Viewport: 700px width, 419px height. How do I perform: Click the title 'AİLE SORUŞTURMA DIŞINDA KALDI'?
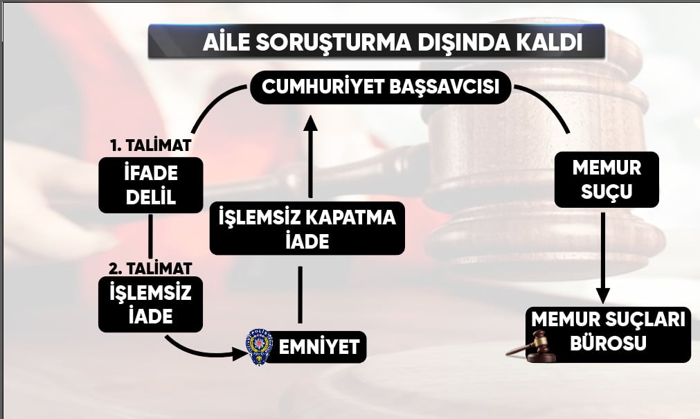pyautogui.click(x=393, y=42)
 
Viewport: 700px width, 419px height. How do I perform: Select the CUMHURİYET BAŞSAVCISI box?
pyautogui.click(x=380, y=87)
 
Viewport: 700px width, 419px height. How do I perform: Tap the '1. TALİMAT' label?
pyautogui.click(x=151, y=145)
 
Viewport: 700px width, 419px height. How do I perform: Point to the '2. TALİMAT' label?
pyautogui.click(x=150, y=269)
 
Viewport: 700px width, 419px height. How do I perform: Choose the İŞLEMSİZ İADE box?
pyautogui.click(x=150, y=304)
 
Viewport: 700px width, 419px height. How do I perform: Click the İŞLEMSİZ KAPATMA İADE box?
pyautogui.click(x=307, y=229)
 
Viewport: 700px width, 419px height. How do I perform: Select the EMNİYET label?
pyautogui.click(x=318, y=347)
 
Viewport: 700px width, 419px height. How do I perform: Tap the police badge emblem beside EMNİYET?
pyautogui.click(x=260, y=347)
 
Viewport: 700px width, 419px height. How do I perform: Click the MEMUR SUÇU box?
pyautogui.click(x=607, y=179)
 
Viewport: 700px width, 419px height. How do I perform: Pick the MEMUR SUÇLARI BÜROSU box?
pyautogui.click(x=608, y=335)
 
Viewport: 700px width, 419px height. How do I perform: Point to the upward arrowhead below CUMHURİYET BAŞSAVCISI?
pyautogui.click(x=310, y=123)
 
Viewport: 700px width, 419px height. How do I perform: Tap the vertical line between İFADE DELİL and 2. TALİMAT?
pyautogui.click(x=150, y=237)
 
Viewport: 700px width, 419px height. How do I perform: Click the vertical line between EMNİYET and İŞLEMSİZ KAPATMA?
pyautogui.click(x=300, y=295)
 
